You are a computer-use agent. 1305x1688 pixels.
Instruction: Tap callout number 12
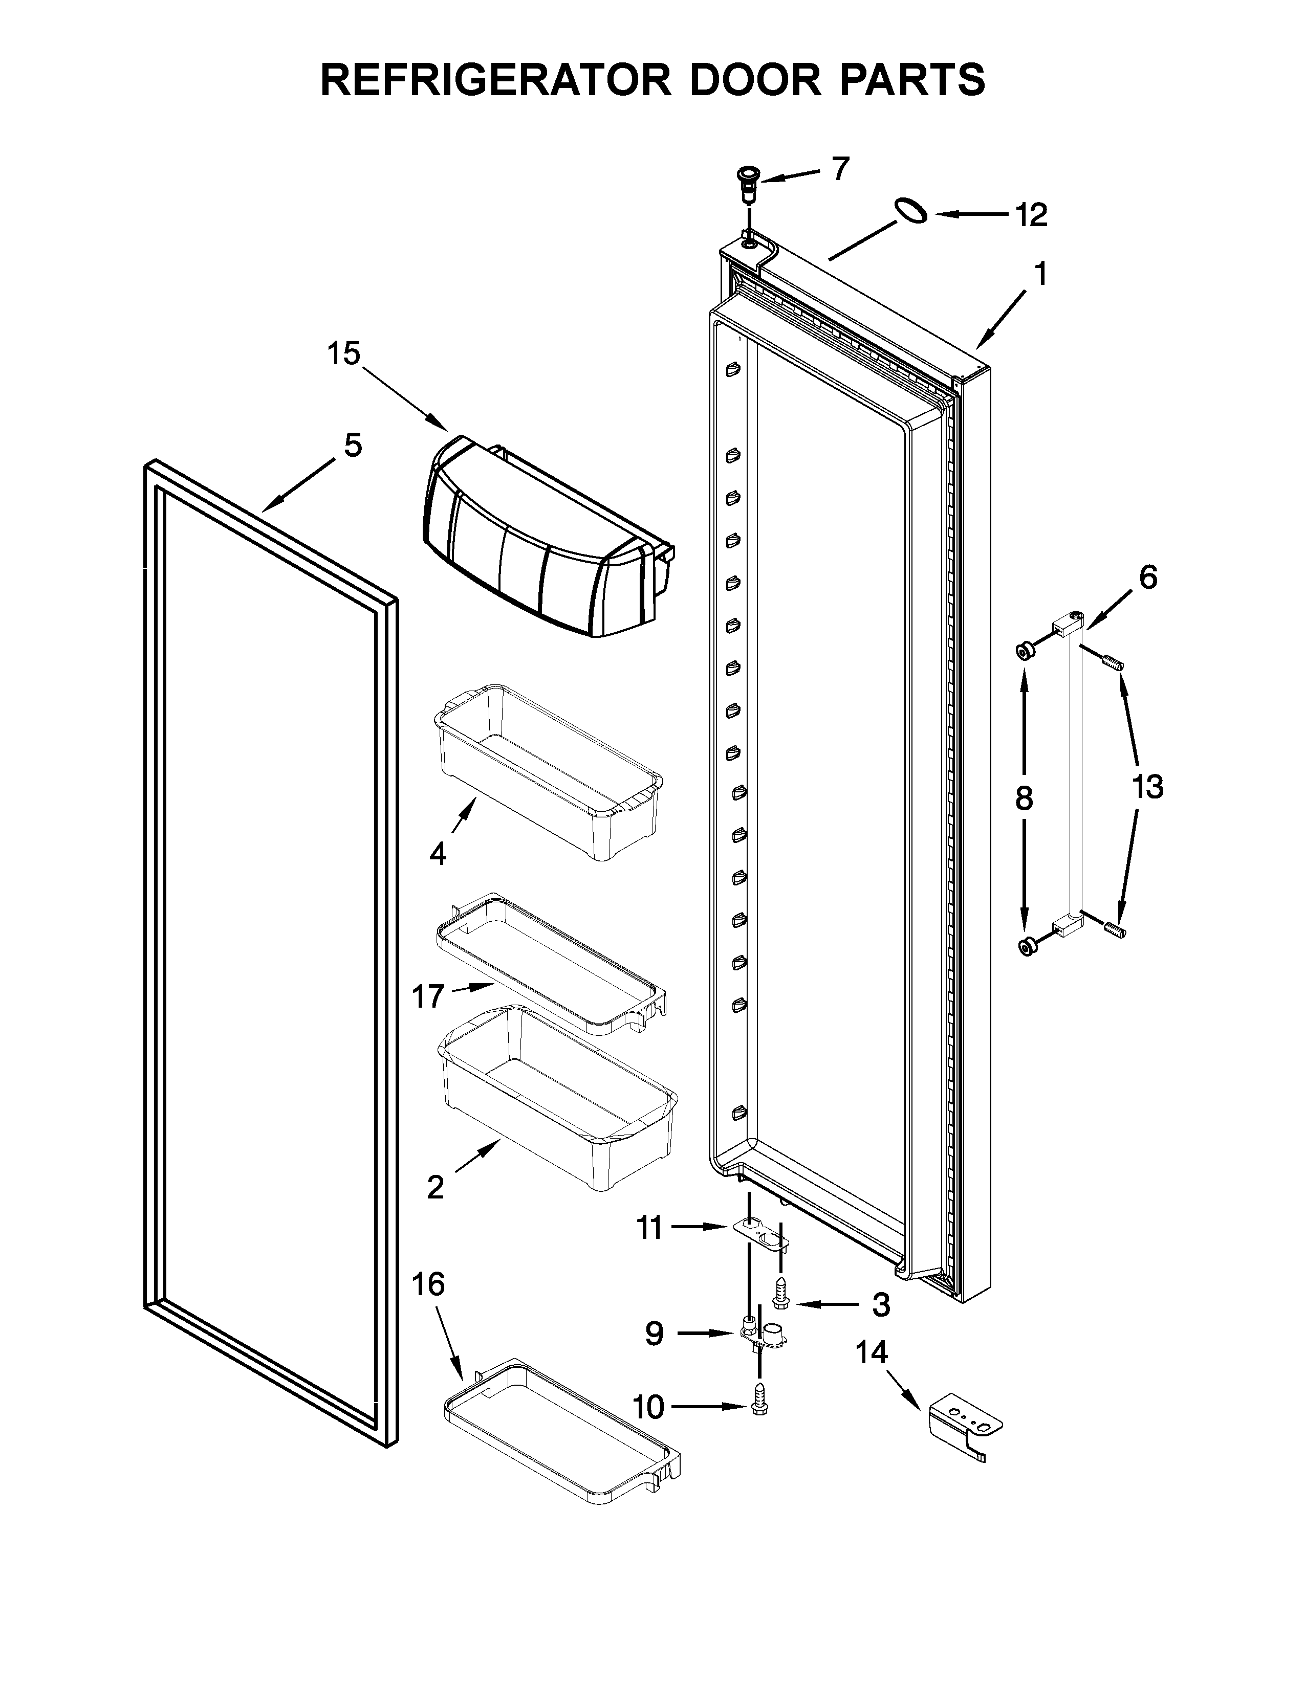coord(1031,215)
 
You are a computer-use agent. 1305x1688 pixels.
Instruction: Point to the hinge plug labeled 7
coord(748,184)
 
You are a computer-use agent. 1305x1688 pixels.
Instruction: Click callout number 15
coord(343,354)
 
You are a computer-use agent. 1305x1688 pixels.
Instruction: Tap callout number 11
coord(649,1227)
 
